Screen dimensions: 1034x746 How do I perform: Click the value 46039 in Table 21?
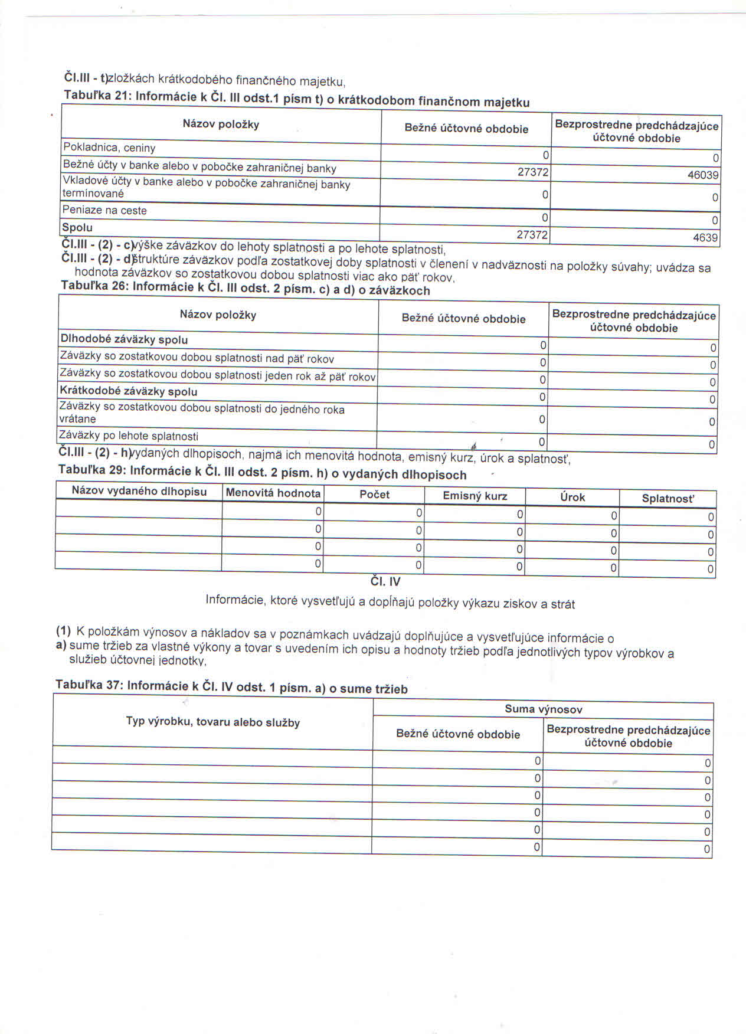[703, 175]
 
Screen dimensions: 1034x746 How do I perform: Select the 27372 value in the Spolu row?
[533, 235]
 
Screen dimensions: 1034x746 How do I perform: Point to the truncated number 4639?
[705, 238]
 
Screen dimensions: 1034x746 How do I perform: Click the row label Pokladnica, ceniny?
[109, 148]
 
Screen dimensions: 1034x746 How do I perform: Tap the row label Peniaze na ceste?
[104, 210]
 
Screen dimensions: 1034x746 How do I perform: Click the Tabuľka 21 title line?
[296, 99]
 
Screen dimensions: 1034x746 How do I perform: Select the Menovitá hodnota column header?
[273, 493]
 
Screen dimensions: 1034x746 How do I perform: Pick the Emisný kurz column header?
[475, 496]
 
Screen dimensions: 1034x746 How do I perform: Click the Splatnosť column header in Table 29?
[668, 499]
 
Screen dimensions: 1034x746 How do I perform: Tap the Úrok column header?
[572, 497]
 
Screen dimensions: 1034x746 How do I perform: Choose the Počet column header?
[375, 495]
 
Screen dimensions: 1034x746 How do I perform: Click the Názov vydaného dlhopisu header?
[139, 491]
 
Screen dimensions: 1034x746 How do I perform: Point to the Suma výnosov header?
[544, 709]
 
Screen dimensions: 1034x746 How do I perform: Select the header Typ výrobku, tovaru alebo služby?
[213, 722]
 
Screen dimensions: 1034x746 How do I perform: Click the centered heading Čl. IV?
[385, 581]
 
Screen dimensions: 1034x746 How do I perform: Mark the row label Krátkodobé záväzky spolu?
[129, 391]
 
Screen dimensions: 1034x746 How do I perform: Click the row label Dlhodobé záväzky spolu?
[124, 339]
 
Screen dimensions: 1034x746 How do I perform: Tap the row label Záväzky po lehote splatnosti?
[129, 436]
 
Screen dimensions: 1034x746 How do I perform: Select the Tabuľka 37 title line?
[231, 686]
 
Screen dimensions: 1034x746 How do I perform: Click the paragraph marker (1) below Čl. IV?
[63, 630]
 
